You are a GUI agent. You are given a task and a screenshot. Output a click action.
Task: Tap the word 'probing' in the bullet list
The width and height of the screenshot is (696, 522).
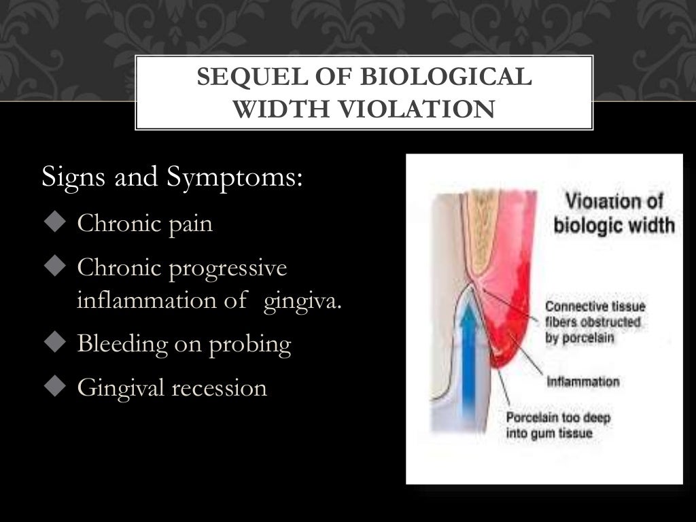point(252,345)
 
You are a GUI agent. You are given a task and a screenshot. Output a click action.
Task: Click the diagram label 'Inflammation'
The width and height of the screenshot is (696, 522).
point(583,381)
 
